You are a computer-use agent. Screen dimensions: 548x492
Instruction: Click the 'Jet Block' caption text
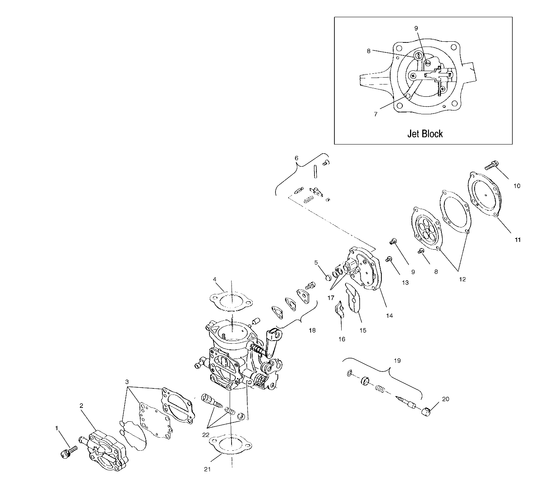point(425,134)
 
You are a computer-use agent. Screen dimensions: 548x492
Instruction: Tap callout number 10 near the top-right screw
point(517,186)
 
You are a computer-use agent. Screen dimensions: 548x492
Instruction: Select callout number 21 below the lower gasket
point(207,469)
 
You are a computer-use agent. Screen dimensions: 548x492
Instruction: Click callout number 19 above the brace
point(397,360)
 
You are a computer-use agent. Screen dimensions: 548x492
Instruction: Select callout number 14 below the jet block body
point(389,316)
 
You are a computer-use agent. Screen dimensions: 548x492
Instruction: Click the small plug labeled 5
point(328,277)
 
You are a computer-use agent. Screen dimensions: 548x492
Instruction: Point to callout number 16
point(342,339)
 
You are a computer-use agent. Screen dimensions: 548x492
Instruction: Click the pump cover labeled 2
point(106,451)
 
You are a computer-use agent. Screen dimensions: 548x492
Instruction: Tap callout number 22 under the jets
point(206,435)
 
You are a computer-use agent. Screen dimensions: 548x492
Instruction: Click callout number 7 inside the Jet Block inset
point(375,114)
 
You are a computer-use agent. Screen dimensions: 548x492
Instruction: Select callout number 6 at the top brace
point(296,158)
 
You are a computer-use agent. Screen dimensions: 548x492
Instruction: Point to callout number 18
point(312,330)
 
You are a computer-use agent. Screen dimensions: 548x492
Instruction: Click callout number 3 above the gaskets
point(127,382)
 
